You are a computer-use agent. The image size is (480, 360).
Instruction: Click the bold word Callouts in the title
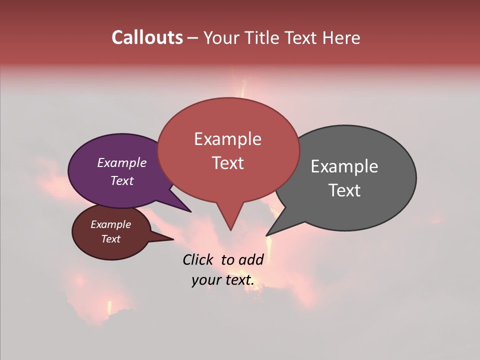tap(147, 37)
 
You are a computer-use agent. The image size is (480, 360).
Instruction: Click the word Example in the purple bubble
tap(121, 162)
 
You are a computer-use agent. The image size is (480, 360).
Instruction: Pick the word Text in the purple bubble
tap(121, 180)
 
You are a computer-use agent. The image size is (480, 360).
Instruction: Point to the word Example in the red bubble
tap(227, 138)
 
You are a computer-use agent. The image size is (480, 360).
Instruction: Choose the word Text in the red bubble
tap(227, 162)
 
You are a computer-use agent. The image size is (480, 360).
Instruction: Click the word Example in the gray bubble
tap(344, 166)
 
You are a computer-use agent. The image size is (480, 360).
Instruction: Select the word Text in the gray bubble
tap(344, 190)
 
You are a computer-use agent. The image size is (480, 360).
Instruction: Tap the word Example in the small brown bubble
tap(110, 224)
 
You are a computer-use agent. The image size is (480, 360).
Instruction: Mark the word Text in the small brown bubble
tap(110, 239)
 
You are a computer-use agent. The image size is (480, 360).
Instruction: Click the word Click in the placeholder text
tap(198, 259)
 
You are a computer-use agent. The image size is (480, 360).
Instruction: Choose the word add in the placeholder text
tap(251, 259)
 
